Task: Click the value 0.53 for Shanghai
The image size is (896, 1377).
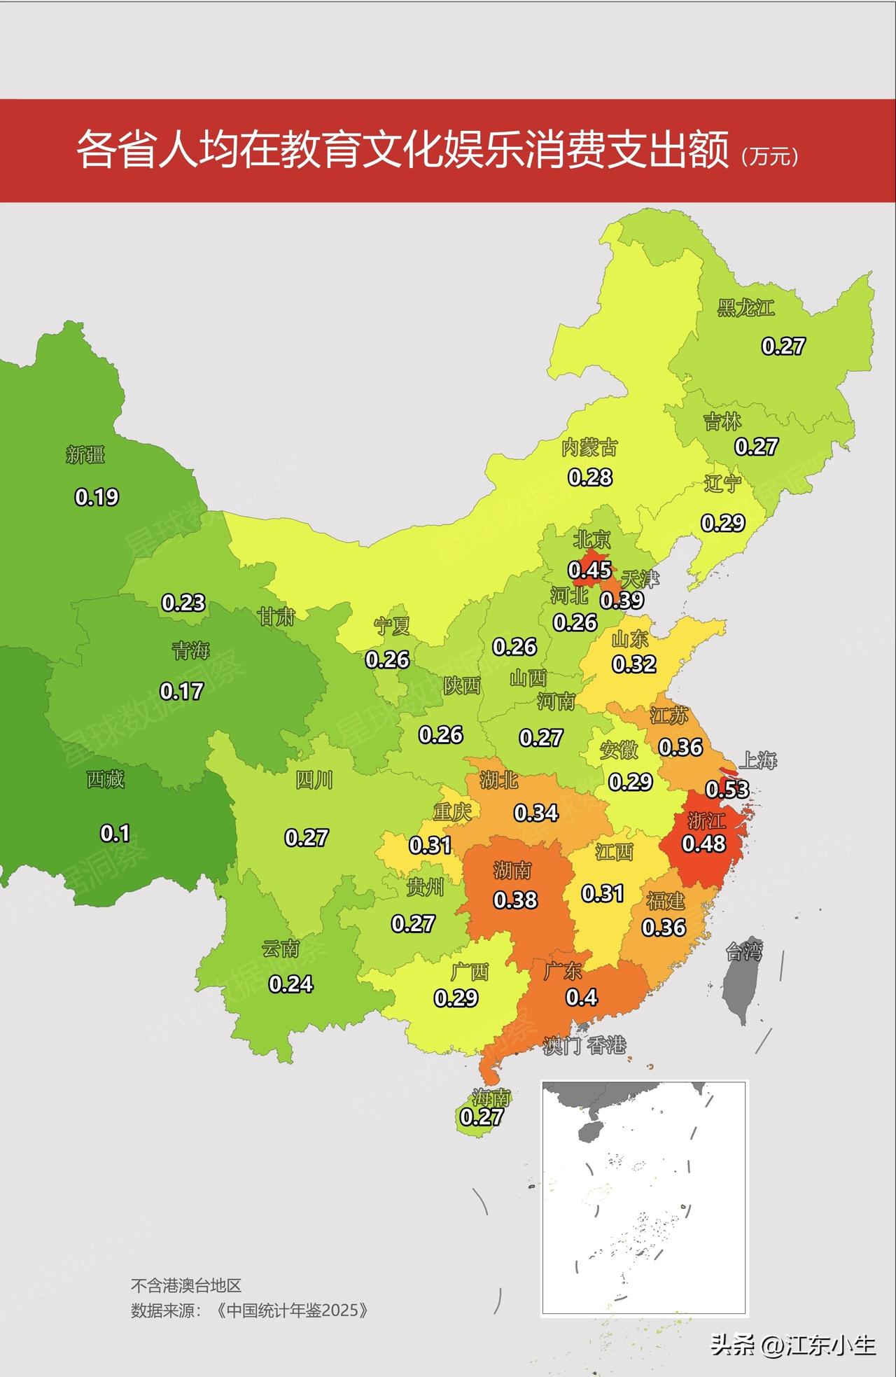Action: (x=727, y=790)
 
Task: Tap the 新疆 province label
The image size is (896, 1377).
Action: (x=85, y=455)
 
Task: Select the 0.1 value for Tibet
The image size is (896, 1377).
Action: (x=115, y=833)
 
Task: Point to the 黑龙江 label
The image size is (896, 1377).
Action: (x=745, y=308)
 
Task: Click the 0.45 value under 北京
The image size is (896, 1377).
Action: (x=589, y=570)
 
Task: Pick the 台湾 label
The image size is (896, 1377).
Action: (x=743, y=951)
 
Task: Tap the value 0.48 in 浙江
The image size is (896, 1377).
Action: (x=704, y=844)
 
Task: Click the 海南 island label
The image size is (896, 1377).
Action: (x=491, y=1097)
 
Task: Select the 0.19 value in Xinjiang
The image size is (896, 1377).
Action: (x=97, y=497)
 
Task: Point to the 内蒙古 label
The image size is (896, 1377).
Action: (x=589, y=448)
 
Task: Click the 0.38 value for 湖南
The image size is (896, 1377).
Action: (x=515, y=900)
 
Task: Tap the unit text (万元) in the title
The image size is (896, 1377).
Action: (x=769, y=155)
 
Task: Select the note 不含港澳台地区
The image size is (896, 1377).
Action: (x=185, y=1285)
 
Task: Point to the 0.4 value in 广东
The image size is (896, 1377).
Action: (x=582, y=997)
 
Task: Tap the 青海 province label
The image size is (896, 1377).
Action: (x=190, y=650)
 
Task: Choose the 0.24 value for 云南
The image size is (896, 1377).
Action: (x=290, y=984)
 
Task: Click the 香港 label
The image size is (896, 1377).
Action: (x=606, y=1046)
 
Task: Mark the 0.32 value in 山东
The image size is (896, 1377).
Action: (x=634, y=664)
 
